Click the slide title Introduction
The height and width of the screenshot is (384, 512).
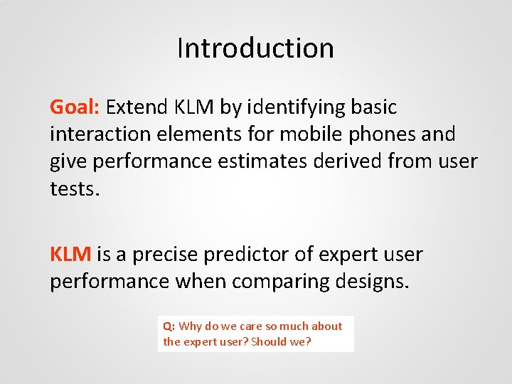pos(255,48)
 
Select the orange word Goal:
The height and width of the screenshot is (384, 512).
pos(75,107)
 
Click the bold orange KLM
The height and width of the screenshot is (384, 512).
pos(70,255)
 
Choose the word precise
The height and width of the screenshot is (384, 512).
pos(166,255)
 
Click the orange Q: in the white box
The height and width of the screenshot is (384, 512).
pos(169,326)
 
